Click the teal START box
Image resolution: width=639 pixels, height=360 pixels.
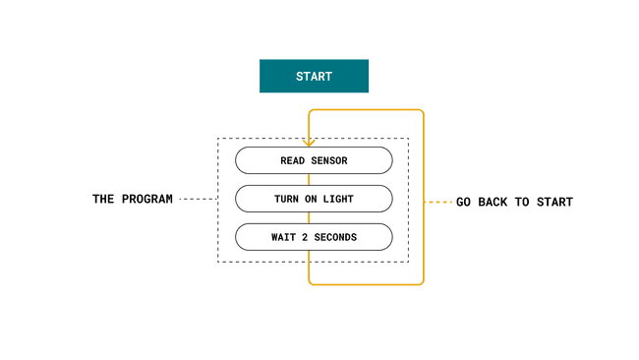tap(314, 76)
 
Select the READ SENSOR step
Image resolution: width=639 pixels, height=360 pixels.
tap(314, 160)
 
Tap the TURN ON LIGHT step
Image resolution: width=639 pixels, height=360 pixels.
tap(314, 199)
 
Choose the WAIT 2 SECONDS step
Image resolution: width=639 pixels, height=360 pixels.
tap(314, 237)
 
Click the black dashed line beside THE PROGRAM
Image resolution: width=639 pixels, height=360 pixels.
tap(197, 199)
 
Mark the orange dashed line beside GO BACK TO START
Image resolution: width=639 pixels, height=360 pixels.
tap(437, 202)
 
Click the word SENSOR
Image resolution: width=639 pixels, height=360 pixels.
tap(328, 160)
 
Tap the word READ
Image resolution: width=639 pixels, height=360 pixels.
tap(294, 160)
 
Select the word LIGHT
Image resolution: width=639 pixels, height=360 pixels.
tap(336, 199)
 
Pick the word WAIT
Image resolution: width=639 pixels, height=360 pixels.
tap(284, 237)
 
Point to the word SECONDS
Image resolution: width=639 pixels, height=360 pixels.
tap(336, 237)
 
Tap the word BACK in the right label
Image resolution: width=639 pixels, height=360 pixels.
tap(496, 202)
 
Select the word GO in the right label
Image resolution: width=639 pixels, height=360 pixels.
tap(464, 202)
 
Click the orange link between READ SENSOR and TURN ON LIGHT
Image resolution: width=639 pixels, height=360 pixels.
tap(310, 179)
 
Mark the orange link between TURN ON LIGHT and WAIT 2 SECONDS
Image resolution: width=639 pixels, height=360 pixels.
tap(310, 217)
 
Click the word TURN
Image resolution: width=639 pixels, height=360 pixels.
tap(287, 199)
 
